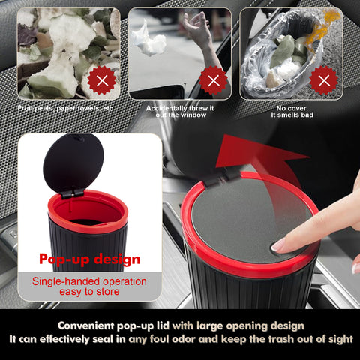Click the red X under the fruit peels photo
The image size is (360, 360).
(x=102, y=79)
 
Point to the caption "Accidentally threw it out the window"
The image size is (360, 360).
(x=180, y=111)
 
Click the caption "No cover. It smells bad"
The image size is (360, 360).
(x=290, y=111)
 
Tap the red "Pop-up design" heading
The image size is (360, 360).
(x=89, y=259)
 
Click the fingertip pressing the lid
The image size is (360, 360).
(x=279, y=244)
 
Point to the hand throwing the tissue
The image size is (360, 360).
(x=196, y=30)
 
